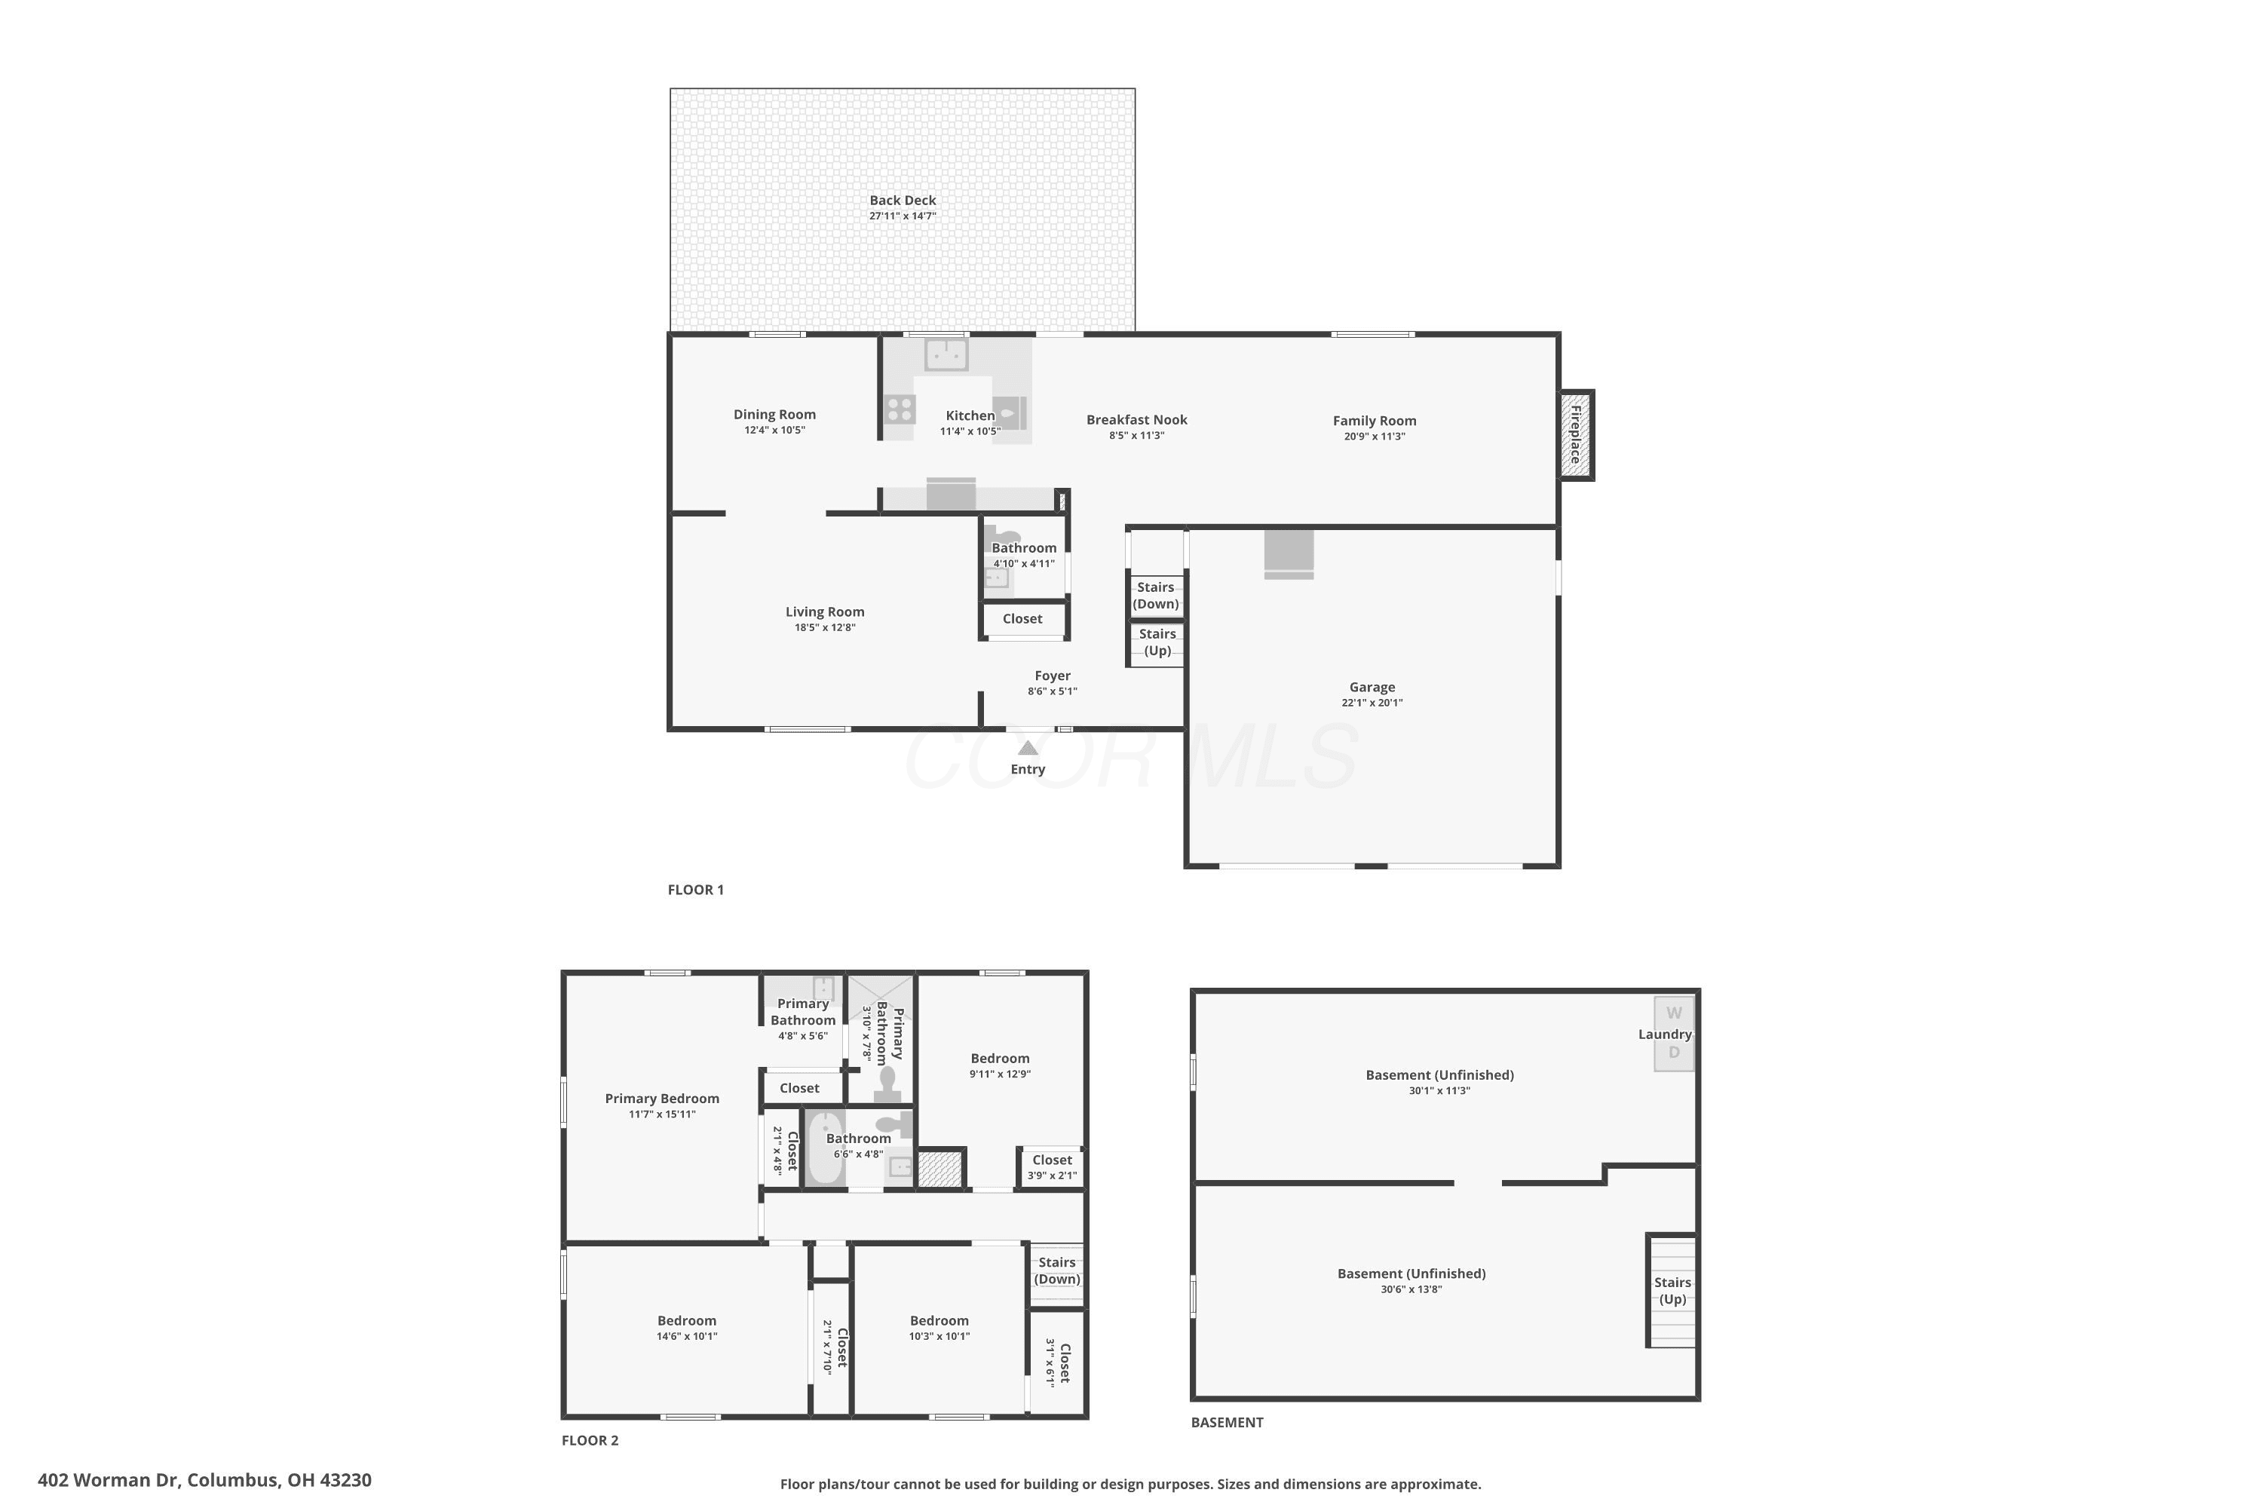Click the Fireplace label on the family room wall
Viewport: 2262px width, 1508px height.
[1575, 435]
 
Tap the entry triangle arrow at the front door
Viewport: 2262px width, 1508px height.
[1028, 748]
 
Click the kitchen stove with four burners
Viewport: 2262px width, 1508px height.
[900, 409]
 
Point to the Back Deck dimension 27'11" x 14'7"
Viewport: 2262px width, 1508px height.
[902, 216]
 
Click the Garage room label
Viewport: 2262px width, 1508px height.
[1372, 687]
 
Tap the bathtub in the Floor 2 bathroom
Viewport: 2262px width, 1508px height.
[825, 1148]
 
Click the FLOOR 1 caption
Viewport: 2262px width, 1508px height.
[695, 890]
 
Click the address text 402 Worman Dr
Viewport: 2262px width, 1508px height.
[109, 1480]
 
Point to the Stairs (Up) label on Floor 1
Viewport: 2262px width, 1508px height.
[1157, 642]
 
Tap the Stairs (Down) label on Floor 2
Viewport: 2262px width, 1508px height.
[1057, 1270]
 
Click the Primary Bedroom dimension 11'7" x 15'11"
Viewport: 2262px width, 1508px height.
[662, 1114]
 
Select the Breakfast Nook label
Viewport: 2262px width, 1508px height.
[1137, 419]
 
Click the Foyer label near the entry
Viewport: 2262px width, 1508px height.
[1052, 675]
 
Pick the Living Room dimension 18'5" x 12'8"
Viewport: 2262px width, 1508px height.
[824, 628]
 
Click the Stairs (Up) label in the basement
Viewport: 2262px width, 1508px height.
[1672, 1291]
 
